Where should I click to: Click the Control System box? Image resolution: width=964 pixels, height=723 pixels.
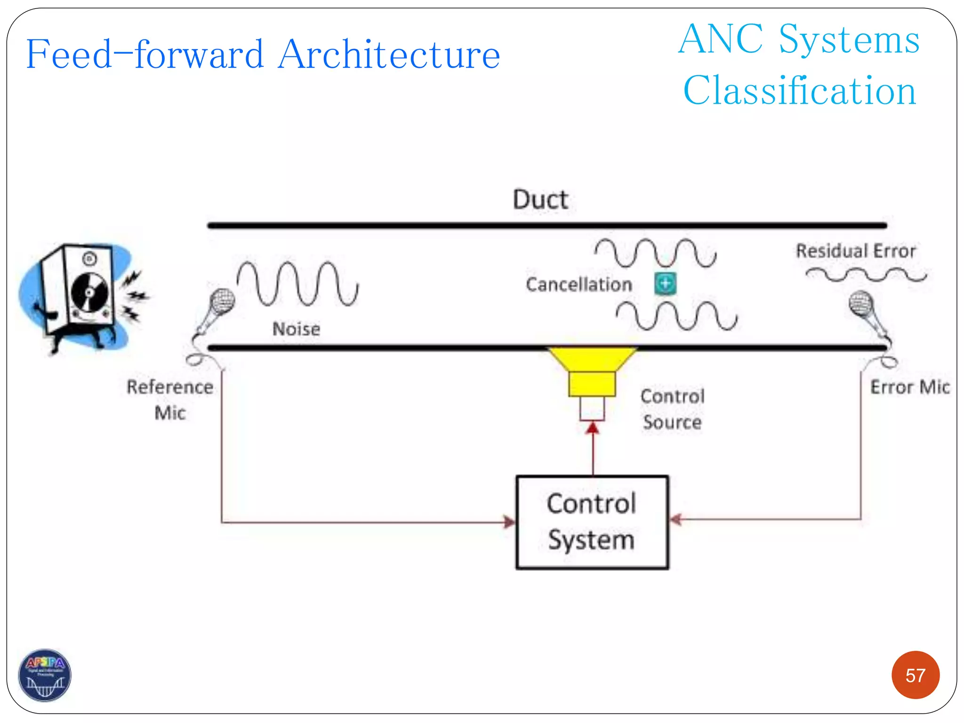592,522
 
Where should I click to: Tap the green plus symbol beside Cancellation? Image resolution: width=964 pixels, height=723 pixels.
665,283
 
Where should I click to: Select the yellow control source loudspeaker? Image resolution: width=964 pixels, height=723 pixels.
592,372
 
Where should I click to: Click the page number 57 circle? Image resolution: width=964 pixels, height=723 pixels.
915,675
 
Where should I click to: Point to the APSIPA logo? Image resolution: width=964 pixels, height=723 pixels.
45,675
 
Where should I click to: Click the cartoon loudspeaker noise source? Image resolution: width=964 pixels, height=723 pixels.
80,297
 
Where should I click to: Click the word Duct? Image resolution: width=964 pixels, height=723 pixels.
540,200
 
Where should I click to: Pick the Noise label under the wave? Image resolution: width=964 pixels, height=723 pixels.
296,329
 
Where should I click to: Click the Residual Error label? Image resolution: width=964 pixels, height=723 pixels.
855,251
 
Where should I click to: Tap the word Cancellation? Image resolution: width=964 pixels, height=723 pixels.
578,285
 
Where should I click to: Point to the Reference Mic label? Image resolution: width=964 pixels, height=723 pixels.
170,400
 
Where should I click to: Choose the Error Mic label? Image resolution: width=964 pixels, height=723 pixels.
909,387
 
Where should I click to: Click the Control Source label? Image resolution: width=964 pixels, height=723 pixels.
672,409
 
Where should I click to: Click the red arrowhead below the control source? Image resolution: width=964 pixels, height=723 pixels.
593,427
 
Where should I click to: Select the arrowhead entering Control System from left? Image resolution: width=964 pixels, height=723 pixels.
510,522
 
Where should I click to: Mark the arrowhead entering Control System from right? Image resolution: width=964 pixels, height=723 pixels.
675,519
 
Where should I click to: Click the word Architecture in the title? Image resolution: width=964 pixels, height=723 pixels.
388,55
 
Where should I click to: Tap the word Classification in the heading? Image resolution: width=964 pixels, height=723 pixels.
799,90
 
